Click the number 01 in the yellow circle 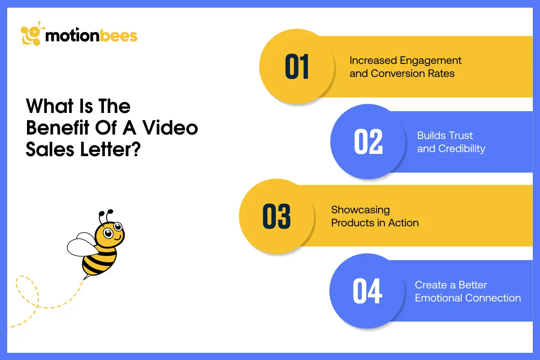pos(297,67)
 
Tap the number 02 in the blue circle pos(368,142)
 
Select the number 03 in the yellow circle pos(276,216)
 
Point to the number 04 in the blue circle pos(367,291)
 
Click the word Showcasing pos(360,210)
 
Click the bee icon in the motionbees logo pos(32,35)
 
